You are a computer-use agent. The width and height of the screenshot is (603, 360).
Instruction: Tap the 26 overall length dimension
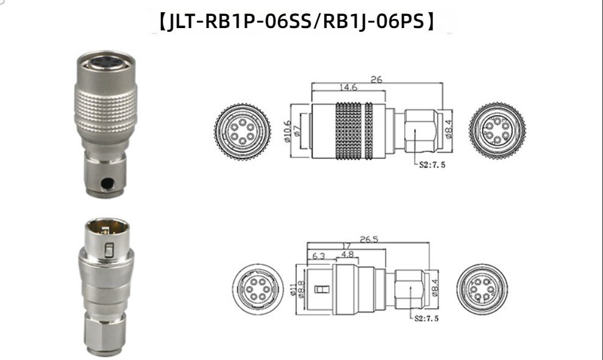(x=376, y=79)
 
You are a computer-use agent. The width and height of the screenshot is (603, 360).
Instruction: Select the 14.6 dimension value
(x=348, y=87)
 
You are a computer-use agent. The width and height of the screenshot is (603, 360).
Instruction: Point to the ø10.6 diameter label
(x=288, y=131)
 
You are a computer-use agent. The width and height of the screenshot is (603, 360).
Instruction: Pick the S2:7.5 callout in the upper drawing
(x=432, y=165)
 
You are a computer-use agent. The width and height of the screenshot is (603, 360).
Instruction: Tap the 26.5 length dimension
(x=369, y=239)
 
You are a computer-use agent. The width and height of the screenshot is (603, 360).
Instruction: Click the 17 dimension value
(x=346, y=246)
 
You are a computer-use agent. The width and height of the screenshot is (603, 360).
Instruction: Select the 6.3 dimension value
(x=319, y=256)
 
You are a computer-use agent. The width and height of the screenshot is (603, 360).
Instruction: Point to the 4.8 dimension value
(x=348, y=254)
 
